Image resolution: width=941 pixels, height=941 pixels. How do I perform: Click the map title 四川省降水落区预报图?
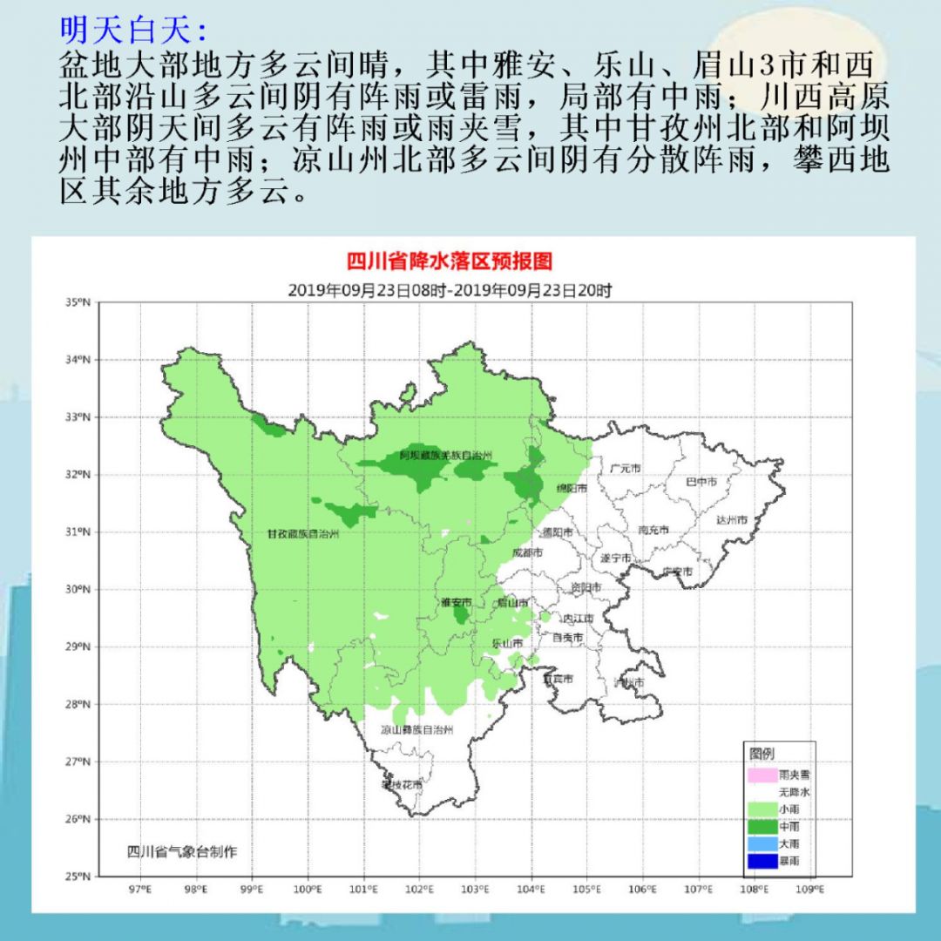pyautogui.click(x=450, y=261)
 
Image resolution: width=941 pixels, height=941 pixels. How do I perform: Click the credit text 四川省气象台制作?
pyautogui.click(x=181, y=852)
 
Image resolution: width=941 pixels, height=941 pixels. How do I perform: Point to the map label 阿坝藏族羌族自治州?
pyautogui.click(x=446, y=456)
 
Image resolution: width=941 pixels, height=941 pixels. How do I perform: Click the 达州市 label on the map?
pyautogui.click(x=732, y=520)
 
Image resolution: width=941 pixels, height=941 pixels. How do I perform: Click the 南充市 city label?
pyautogui.click(x=653, y=530)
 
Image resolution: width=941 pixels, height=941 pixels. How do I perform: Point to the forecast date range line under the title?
pyautogui.click(x=450, y=290)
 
